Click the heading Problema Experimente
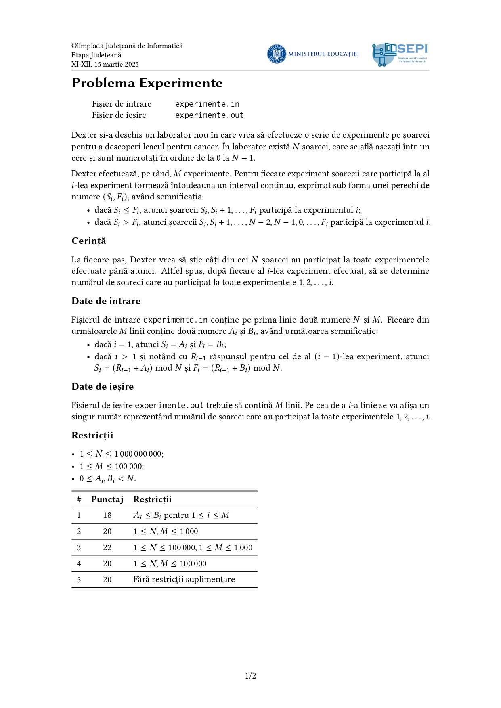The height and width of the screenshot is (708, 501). pos(147,83)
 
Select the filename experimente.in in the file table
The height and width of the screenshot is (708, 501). pos(207,104)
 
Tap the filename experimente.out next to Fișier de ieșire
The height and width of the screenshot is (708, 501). pos(209,115)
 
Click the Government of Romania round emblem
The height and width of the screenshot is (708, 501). pos(277,54)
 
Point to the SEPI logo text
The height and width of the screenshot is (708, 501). pos(412,49)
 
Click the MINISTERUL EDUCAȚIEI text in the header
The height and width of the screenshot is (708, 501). pos(323,54)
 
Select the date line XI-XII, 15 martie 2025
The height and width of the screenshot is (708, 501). pos(105,64)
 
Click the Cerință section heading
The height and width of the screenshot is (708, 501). pos(89,241)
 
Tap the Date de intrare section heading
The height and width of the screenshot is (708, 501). pos(106,301)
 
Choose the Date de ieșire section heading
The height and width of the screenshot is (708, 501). pos(103,386)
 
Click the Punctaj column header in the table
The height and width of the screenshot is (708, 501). pos(107,499)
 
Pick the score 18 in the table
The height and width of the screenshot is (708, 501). pos(107,515)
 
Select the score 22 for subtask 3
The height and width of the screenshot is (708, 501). pos(107,547)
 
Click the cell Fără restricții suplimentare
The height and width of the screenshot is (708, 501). pos(184,579)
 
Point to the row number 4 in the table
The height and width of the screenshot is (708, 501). pos(79,563)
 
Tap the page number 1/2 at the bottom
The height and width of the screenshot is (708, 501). pos(250,676)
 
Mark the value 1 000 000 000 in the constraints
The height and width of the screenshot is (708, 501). pos(138,454)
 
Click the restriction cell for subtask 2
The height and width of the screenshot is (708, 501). pos(166,531)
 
